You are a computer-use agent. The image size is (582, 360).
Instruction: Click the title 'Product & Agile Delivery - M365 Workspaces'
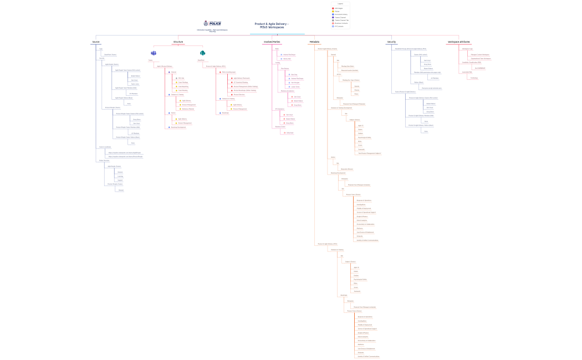point(272,25)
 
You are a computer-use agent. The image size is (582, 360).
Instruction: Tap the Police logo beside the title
point(215,24)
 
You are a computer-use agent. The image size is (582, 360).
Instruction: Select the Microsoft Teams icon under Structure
point(154,53)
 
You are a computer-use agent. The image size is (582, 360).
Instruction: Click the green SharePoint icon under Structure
point(202,53)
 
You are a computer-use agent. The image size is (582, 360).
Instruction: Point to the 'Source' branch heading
point(96,42)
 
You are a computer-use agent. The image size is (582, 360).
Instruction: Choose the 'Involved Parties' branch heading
point(272,42)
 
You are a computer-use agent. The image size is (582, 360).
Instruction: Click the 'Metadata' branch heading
point(314,42)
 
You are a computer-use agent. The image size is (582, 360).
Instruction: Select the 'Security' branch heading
point(391,42)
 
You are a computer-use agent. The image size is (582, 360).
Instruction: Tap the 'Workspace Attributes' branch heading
point(458,42)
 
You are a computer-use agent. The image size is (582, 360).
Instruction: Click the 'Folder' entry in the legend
point(337,12)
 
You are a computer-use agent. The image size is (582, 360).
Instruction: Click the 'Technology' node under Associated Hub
point(474,78)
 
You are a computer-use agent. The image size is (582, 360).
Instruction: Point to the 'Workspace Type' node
point(467,49)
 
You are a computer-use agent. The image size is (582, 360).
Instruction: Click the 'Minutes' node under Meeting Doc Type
point(356,90)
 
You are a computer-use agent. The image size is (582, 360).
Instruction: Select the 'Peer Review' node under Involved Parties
point(285,68)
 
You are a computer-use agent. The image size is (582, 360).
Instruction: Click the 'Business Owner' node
point(280,126)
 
